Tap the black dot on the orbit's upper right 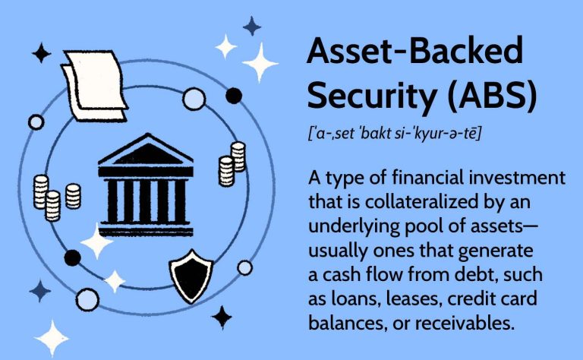click(x=234, y=96)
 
